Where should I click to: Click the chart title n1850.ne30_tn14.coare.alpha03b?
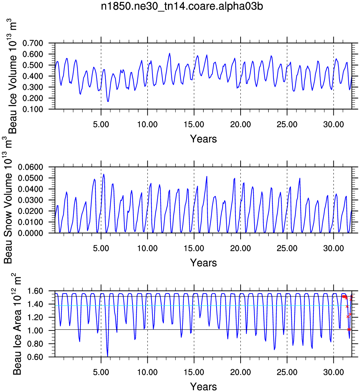point(182,6)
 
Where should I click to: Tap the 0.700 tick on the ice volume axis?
point(33,43)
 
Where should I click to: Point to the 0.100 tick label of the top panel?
point(33,109)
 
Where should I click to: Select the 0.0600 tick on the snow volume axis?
point(30,167)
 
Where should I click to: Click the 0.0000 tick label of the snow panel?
point(30,233)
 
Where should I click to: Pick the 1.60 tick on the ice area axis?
point(35,291)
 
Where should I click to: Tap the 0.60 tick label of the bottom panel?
point(35,357)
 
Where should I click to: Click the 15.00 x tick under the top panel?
point(194,124)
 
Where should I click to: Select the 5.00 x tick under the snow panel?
point(101,248)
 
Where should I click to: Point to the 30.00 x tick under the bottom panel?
point(333,372)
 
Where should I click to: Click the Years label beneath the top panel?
point(203,139)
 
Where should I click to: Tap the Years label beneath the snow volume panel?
point(203,263)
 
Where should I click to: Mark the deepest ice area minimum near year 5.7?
point(107,356)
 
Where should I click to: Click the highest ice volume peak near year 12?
point(170,53)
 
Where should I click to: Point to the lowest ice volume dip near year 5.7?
point(108,101)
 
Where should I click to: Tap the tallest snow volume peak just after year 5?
point(104,174)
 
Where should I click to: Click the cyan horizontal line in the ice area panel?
point(203,305)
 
